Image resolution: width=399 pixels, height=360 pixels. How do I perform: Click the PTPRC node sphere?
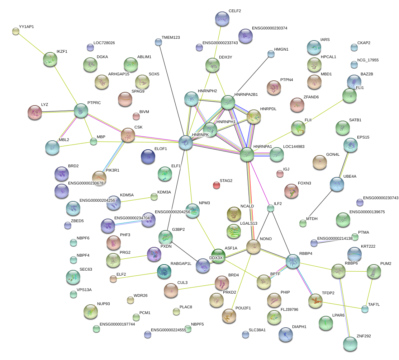pos(81,111)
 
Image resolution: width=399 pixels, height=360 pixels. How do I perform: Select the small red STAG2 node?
pos(217,185)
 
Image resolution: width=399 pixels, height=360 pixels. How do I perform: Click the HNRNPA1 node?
pos(247,154)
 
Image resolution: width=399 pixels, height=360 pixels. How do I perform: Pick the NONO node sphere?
pos(253,247)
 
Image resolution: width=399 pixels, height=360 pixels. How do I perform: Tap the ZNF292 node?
pos(350,343)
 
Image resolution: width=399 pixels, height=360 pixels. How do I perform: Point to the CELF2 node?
pos(222,19)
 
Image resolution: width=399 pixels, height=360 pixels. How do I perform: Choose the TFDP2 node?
pos(316,300)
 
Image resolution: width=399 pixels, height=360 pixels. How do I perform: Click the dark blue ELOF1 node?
pos(148,156)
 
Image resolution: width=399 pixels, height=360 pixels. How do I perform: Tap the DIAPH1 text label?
pos(300,327)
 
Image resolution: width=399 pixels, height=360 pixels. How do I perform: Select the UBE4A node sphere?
pos(337,184)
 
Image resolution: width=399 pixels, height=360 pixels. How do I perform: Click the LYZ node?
pos(35,112)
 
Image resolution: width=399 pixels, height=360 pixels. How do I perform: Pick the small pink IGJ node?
pos(280,174)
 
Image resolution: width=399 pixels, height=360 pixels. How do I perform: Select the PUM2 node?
pos(374,271)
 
